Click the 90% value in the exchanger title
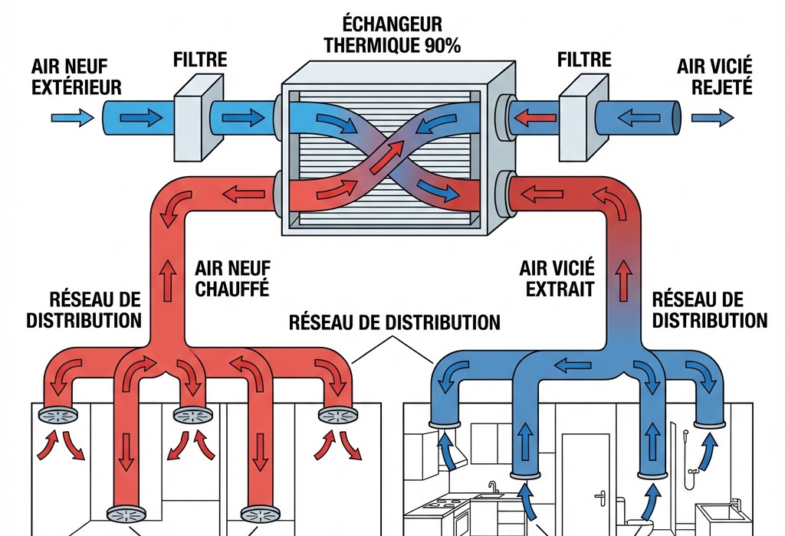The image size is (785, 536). (x=439, y=44)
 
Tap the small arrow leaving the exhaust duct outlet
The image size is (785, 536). (x=712, y=118)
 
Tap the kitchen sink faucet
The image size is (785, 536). (x=493, y=487)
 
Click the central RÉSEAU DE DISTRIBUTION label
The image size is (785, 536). (x=394, y=321)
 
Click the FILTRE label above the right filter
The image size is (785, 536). (x=584, y=60)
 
